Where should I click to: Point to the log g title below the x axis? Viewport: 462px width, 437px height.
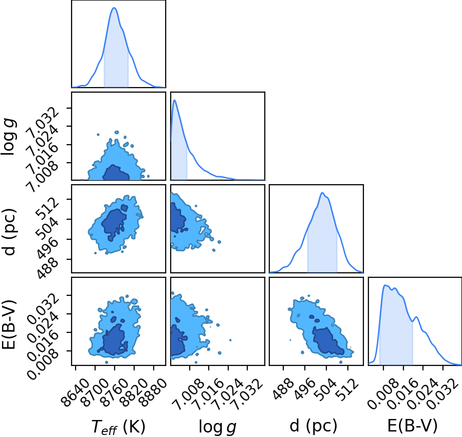click(218, 426)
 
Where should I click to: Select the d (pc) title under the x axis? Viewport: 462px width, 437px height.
click(313, 426)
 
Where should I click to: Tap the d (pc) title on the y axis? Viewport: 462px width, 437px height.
click(9, 232)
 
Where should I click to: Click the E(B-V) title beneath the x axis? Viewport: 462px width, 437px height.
click(412, 426)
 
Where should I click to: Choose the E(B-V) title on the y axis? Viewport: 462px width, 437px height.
click(9, 324)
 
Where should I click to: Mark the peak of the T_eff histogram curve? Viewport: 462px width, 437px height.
click(114, 8)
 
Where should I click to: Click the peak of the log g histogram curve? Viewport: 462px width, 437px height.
click(175, 100)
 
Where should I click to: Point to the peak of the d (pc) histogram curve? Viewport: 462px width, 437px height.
click(322, 193)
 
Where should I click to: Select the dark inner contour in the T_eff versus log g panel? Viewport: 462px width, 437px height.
click(116, 173)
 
